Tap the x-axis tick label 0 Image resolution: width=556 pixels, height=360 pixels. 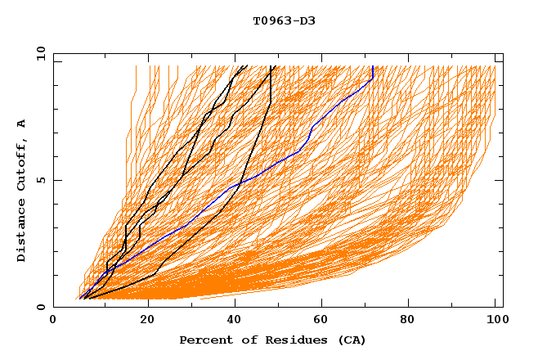[53, 322]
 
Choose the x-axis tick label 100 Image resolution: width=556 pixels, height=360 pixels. [495, 322]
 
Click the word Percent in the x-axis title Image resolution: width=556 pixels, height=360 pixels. [204, 340]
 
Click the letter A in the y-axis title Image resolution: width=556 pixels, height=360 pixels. [22, 124]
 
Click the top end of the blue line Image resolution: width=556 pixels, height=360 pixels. [373, 66]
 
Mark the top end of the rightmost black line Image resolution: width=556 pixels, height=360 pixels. [276, 66]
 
